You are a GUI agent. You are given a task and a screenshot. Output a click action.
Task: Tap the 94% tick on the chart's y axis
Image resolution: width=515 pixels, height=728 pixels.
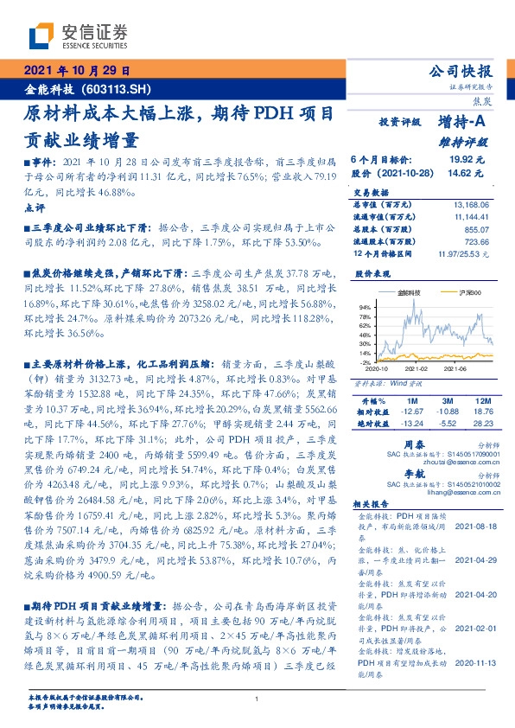[x=364, y=306]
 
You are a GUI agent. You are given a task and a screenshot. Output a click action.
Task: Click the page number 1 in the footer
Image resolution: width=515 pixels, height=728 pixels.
[x=257, y=699]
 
